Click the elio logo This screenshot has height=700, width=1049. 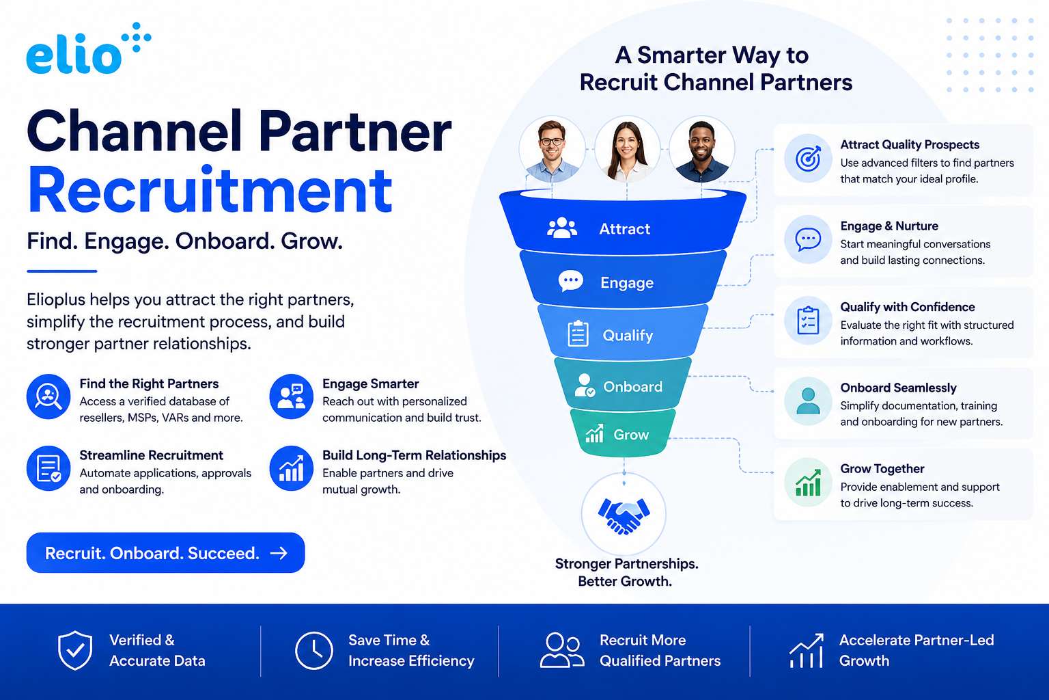(89, 49)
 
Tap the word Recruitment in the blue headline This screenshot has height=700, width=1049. (210, 191)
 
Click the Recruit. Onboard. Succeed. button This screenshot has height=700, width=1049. (165, 552)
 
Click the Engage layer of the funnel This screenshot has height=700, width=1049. (623, 280)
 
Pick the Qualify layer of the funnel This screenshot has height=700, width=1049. (623, 333)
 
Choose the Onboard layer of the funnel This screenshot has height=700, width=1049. (623, 384)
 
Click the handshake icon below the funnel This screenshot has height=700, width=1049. (624, 515)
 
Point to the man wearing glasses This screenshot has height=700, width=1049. (552, 149)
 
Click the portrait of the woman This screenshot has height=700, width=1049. (627, 149)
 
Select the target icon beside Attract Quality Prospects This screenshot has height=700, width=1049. (808, 159)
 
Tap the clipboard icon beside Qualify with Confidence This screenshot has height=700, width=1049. (808, 321)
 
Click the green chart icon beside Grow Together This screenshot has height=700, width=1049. (808, 483)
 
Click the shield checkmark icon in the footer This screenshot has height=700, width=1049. (75, 650)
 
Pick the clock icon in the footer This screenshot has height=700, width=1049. (313, 650)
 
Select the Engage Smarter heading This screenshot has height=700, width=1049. (370, 383)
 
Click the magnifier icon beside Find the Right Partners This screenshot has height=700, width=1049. (48, 396)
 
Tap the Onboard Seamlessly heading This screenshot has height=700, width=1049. (898, 388)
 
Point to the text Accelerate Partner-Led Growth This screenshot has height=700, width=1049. (916, 650)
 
